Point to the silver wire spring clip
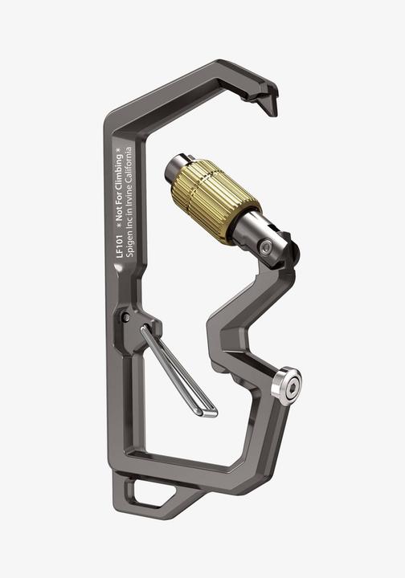tap(178, 369)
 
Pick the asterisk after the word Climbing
tap(119, 149)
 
